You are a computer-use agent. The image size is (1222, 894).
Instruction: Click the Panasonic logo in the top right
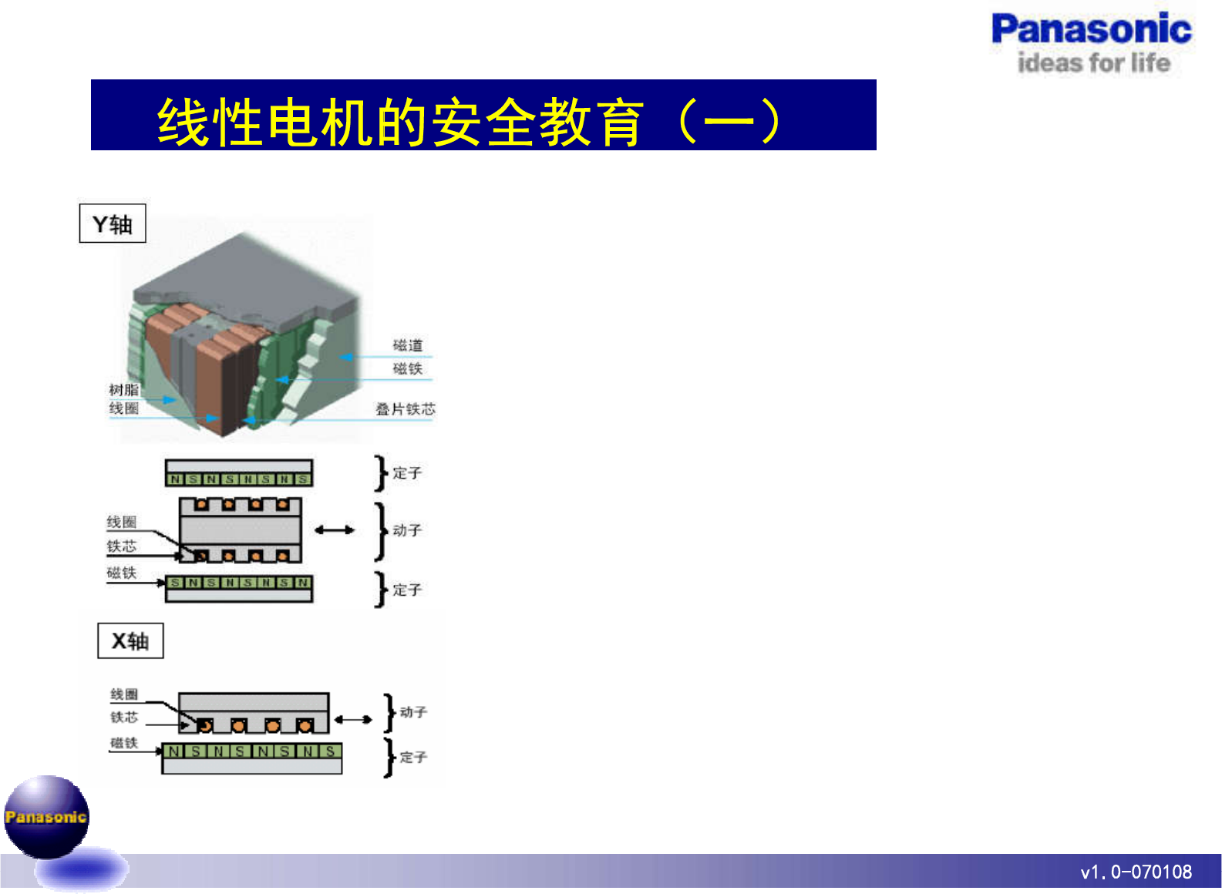click(1091, 29)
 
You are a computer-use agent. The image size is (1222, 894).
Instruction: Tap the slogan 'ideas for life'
click(1093, 62)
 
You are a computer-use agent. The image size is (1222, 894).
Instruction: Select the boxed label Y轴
click(113, 224)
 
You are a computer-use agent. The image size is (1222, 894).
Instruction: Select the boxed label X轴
click(130, 641)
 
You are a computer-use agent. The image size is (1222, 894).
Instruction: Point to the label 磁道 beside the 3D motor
click(408, 345)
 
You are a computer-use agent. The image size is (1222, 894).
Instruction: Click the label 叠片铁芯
click(406, 409)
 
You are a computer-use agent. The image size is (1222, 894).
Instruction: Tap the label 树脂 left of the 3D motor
click(123, 390)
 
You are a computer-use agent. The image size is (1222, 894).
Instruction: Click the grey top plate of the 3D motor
click(247, 281)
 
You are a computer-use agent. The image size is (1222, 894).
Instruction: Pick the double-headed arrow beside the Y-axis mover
click(335, 530)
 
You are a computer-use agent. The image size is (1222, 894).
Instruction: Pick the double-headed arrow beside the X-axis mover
click(353, 720)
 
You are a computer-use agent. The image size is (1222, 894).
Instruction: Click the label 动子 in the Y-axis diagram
click(407, 530)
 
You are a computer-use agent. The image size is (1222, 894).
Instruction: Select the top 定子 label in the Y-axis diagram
click(407, 473)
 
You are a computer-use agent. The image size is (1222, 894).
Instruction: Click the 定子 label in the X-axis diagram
click(413, 757)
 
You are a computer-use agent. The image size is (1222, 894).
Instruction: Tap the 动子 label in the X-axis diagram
click(413, 712)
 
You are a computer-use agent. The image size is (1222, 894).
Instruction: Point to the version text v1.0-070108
click(1136, 872)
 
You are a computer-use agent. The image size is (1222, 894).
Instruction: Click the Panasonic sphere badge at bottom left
click(46, 817)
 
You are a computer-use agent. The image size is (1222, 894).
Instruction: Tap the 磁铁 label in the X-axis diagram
click(123, 743)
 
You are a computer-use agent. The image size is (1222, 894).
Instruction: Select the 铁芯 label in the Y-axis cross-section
click(121, 546)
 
